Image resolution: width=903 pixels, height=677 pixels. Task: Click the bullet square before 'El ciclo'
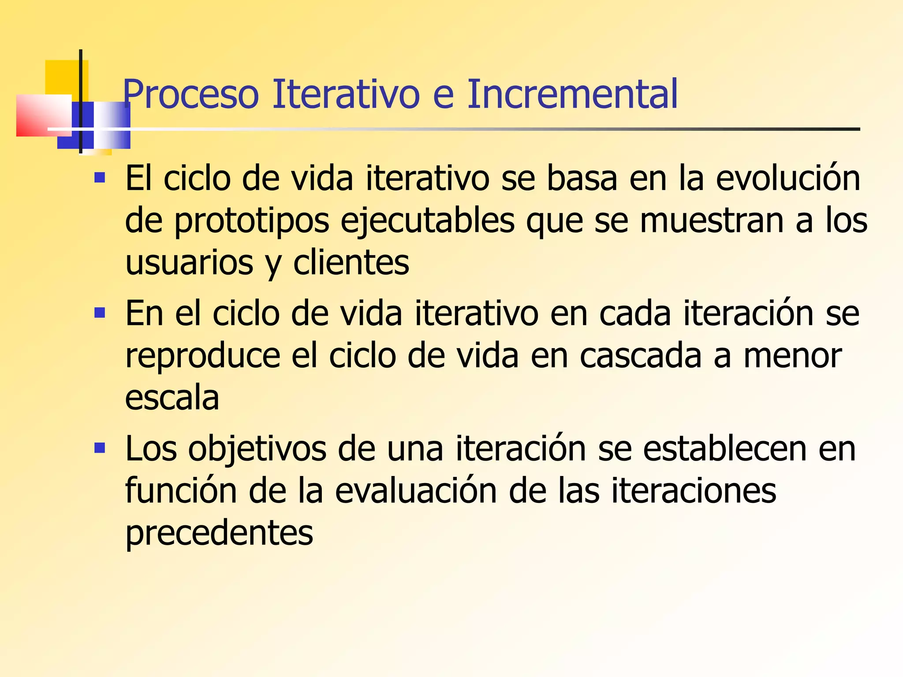tap(100, 178)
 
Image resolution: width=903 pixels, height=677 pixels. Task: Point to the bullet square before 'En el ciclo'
tap(100, 313)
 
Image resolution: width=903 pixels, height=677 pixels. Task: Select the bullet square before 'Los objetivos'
tap(100, 449)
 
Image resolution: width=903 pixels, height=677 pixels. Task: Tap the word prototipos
tap(252, 221)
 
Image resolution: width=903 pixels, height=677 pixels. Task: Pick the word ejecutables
tap(427, 221)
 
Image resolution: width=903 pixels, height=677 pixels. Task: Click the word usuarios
tap(189, 263)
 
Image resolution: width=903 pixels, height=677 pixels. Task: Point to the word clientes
tap(351, 263)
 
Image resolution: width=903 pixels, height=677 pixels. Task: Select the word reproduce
tap(203, 356)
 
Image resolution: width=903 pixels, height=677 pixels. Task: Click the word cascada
tap(640, 356)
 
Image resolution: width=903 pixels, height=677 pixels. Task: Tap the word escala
tap(172, 398)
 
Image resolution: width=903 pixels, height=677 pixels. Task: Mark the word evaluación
tap(416, 491)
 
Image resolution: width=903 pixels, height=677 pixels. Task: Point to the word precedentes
tap(219, 533)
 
